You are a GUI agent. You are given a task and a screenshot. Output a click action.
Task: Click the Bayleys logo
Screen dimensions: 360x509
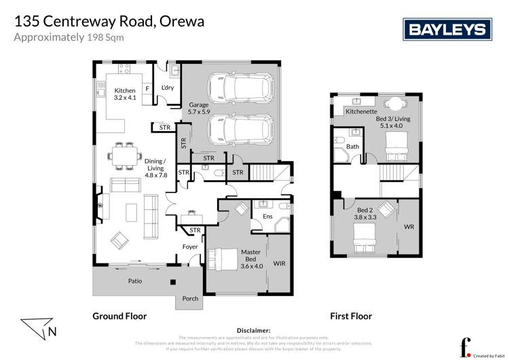(447, 29)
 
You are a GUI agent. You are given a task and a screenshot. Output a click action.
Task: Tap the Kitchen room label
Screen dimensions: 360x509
(125, 94)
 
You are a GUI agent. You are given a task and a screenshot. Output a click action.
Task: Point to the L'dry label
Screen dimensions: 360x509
(168, 89)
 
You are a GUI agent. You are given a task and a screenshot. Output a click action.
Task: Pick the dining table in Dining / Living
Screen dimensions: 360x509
(124, 156)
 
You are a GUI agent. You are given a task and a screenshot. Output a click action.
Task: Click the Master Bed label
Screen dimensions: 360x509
(250, 257)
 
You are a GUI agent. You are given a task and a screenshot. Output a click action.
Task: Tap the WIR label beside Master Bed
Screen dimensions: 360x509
(280, 261)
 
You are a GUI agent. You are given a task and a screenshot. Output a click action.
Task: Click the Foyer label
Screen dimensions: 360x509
(189, 247)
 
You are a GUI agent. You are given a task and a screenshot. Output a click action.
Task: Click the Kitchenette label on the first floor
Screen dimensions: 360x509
(361, 111)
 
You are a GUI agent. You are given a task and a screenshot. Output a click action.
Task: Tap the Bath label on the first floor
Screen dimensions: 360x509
(352, 146)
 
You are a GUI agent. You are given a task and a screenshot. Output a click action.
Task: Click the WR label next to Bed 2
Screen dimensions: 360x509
(409, 226)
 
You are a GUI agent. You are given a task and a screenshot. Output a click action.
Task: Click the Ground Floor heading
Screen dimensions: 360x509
(119, 316)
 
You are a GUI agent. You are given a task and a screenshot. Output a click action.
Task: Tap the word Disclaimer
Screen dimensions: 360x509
(254, 330)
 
